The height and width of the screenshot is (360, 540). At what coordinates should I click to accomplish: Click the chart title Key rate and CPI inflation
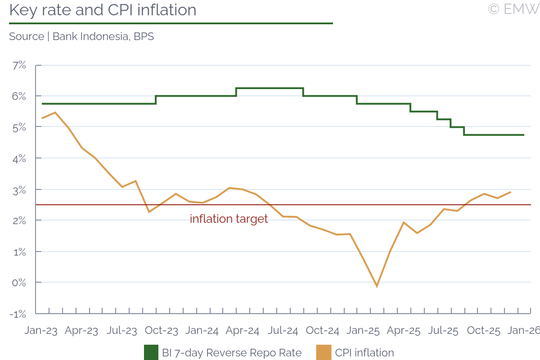(x=103, y=10)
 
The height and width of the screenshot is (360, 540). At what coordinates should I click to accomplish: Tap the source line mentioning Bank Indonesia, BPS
(x=81, y=36)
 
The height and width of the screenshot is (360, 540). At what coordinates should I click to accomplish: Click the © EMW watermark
(x=513, y=9)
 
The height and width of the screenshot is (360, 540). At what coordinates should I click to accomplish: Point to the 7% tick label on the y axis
(x=19, y=65)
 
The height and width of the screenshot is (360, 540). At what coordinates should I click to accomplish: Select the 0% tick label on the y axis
(x=19, y=283)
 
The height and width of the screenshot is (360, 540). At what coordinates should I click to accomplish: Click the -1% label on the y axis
(x=18, y=314)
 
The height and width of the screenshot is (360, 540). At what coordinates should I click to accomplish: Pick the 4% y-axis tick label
(x=19, y=158)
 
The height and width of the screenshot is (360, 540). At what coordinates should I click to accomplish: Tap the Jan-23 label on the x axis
(x=41, y=331)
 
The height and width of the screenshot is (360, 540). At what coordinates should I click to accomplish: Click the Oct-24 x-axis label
(x=322, y=331)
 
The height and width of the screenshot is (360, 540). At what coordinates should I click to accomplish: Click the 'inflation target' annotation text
(x=229, y=219)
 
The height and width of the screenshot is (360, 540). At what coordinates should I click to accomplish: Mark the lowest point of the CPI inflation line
(x=377, y=286)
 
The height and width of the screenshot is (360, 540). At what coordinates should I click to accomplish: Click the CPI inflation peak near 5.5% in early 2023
(x=55, y=112)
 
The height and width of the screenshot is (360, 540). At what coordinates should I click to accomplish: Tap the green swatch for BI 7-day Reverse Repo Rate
(x=151, y=353)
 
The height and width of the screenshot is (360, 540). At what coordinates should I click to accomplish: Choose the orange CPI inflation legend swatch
(x=324, y=353)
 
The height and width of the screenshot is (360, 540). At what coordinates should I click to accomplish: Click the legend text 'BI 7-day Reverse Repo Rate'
(x=232, y=353)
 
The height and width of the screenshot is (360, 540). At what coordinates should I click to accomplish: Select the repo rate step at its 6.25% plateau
(x=270, y=88)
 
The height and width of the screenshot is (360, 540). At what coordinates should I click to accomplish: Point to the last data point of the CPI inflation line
(x=510, y=192)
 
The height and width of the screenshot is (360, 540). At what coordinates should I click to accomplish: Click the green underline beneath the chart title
(x=171, y=23)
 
